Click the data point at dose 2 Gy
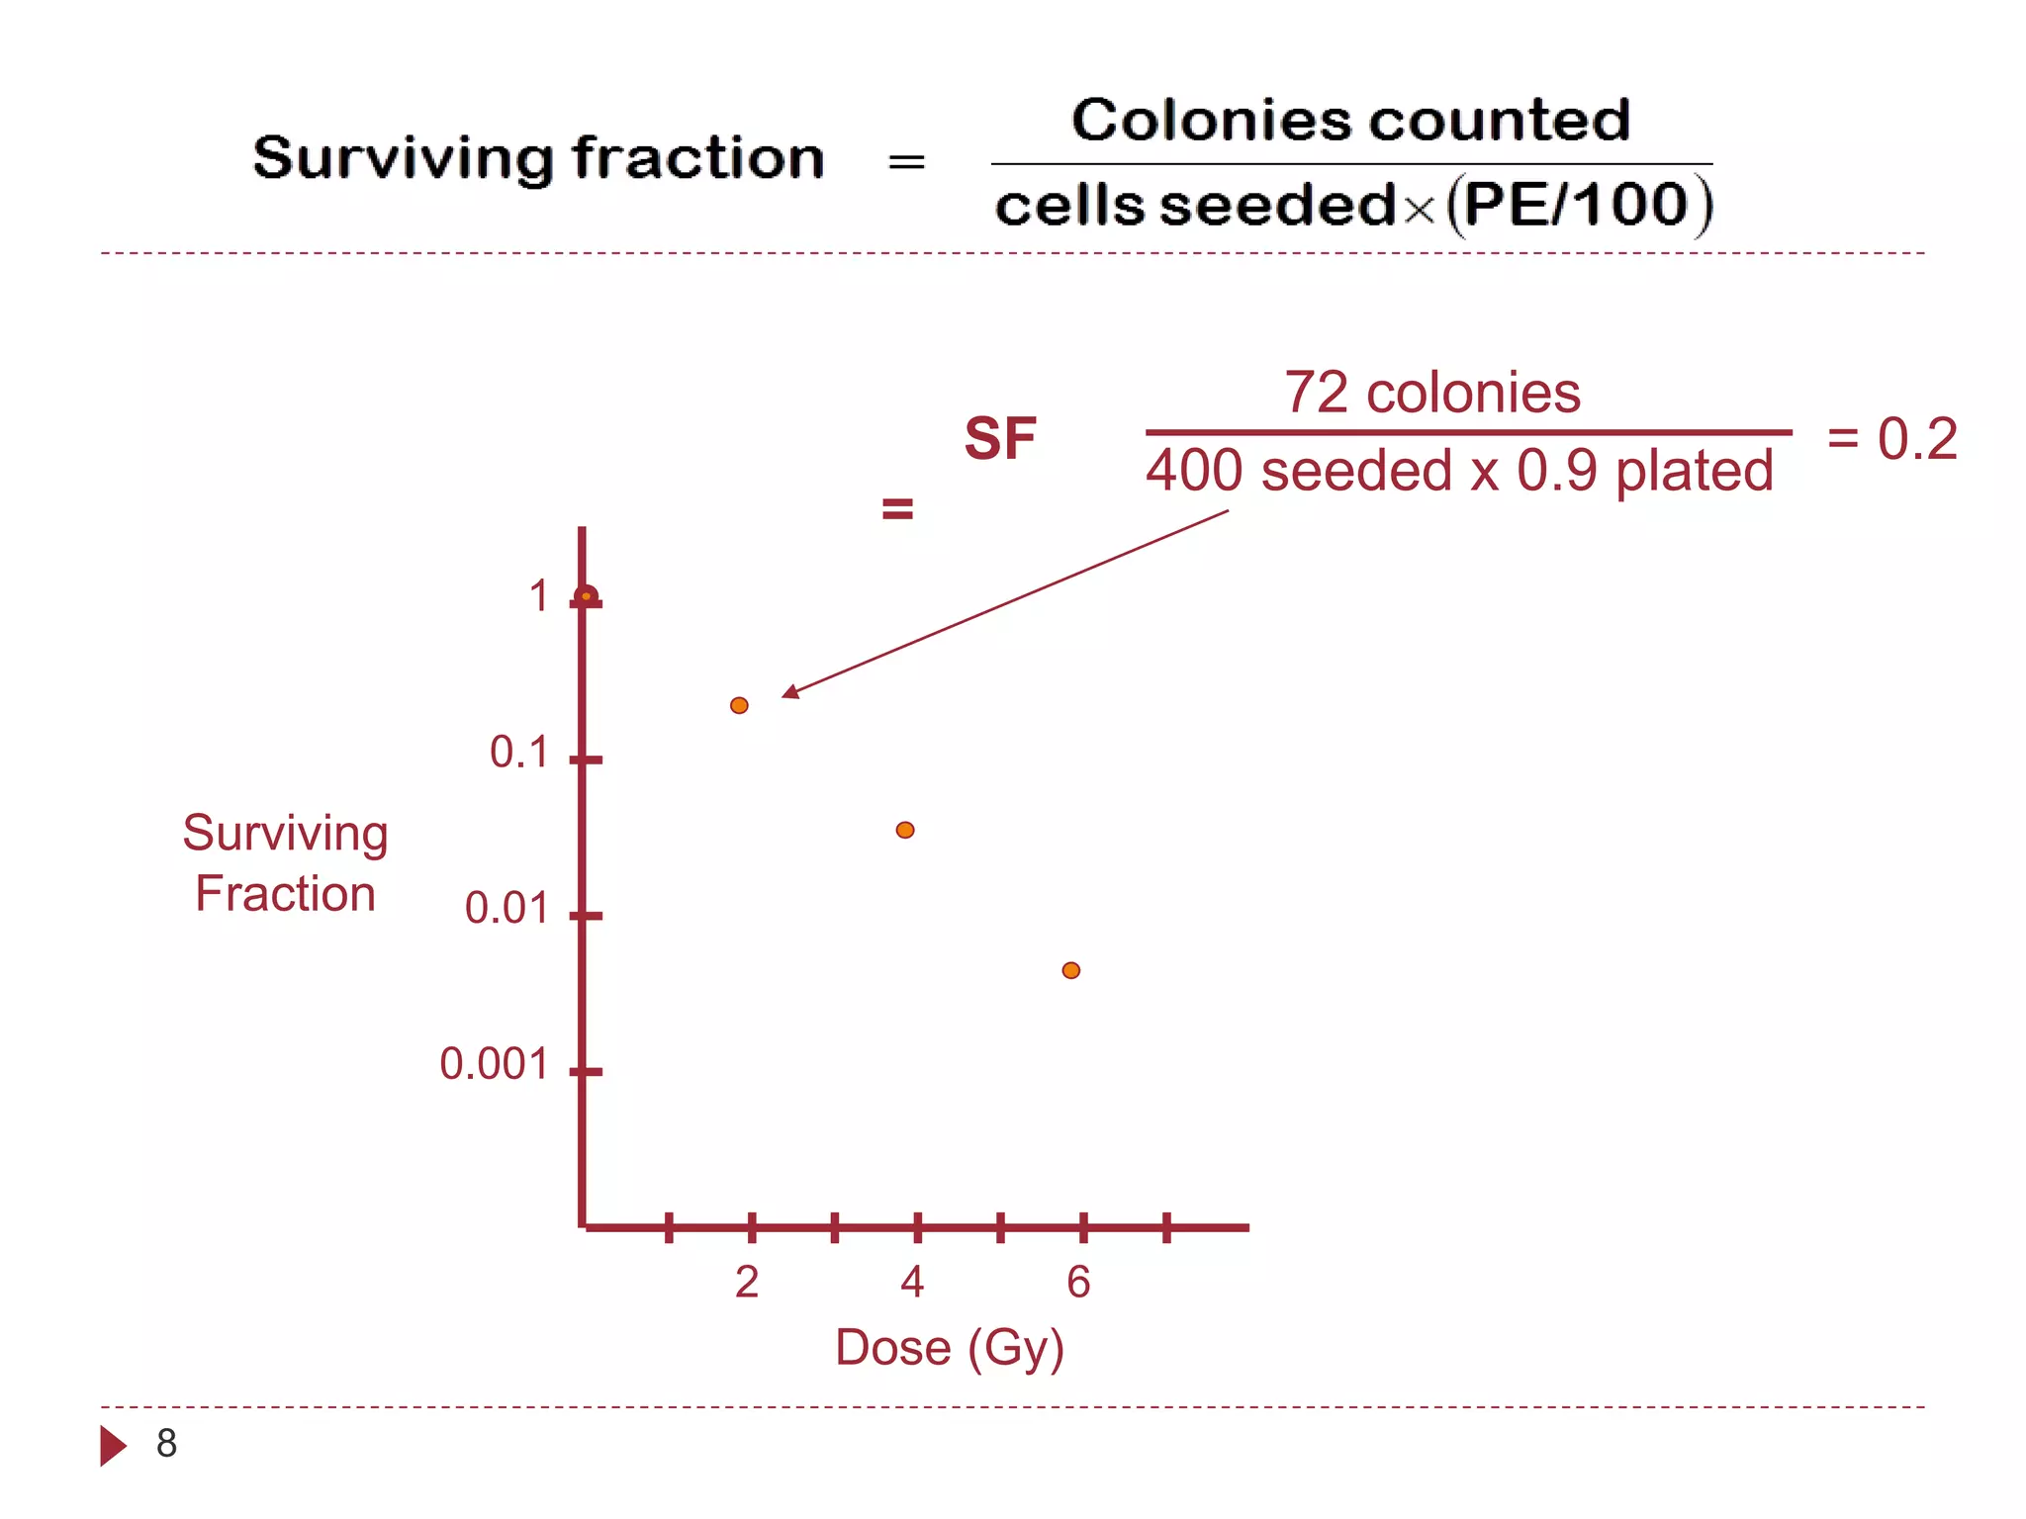pos(739,705)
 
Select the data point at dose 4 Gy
pos(905,830)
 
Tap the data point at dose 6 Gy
pos(1071,970)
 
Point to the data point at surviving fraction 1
pos(586,596)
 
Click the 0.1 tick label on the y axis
pos(518,753)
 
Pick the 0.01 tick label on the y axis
pos(506,908)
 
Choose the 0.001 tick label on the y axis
pos(494,1064)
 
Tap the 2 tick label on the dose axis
pos(747,1282)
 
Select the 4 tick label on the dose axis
pos(912,1282)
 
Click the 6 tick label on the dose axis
pos(1078,1282)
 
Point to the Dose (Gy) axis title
pos(950,1347)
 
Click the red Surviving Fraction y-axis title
pos(285,862)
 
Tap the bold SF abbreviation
pos(1000,438)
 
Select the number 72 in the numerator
pos(1317,393)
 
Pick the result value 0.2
pos(1917,438)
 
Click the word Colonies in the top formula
pos(1210,121)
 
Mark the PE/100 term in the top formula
pos(1575,205)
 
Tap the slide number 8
pos(166,1444)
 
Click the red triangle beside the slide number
pos(113,1446)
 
